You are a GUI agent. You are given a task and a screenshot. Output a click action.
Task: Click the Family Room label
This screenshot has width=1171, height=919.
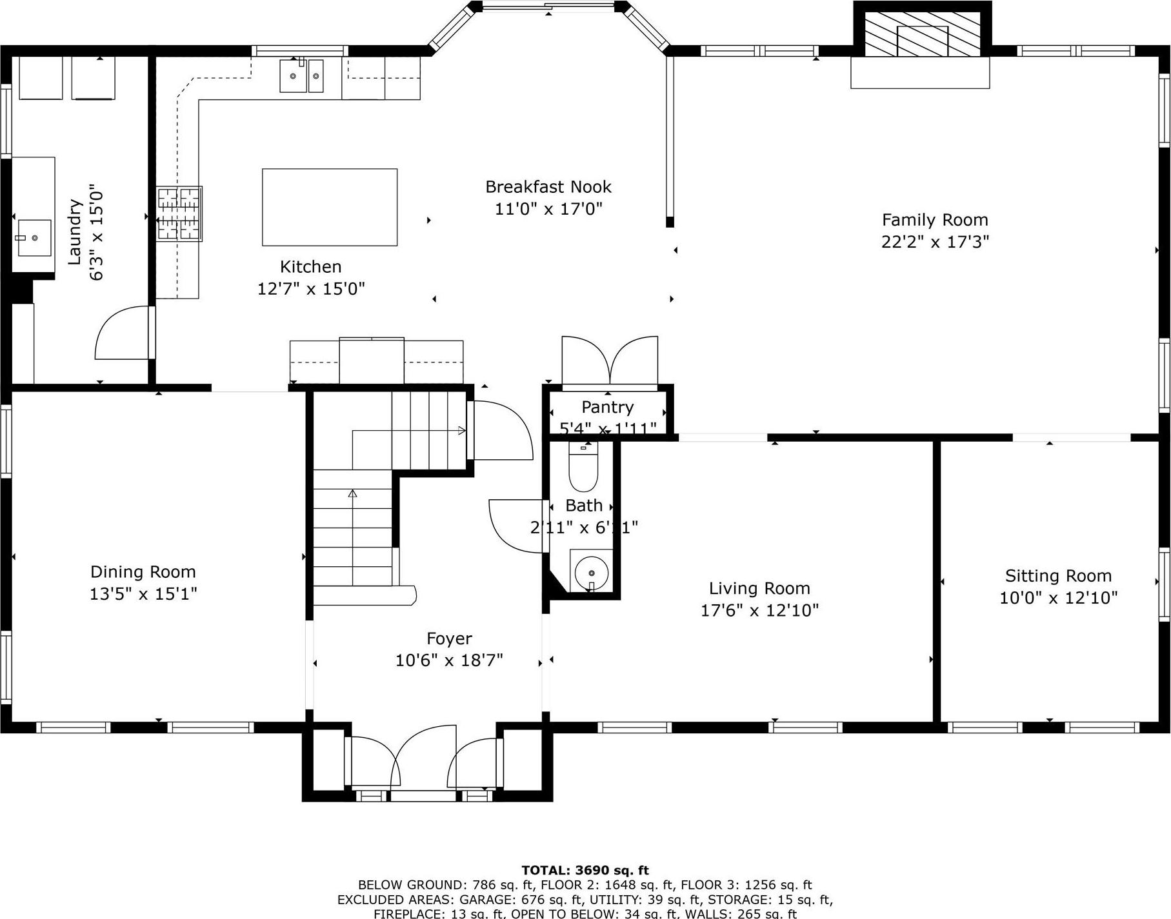pos(934,220)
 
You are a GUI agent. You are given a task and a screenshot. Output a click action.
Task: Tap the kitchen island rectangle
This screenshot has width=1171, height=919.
pos(329,207)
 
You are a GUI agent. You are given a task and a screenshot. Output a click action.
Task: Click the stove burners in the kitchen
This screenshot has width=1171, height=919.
pos(179,213)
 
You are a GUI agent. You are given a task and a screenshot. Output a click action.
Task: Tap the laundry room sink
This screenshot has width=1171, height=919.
pos(34,237)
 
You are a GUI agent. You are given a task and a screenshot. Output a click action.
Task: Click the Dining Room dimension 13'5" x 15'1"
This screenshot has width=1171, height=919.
pos(143,593)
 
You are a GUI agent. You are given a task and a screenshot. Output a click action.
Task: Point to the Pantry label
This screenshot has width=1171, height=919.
pos(607,407)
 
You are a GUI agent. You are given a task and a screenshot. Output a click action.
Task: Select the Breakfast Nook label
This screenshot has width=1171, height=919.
pos(548,187)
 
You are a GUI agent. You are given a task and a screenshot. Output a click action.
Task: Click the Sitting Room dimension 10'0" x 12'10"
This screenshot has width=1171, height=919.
pos(1058,598)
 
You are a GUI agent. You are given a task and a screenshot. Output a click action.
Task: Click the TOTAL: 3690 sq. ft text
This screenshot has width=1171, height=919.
pos(585,871)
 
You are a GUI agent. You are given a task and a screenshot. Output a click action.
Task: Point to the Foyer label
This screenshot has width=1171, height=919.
pos(449,638)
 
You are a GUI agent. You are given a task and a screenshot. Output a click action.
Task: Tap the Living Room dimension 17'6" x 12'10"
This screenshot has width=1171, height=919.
pos(759,610)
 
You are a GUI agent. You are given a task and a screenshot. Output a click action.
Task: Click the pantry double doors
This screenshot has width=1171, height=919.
pos(610,361)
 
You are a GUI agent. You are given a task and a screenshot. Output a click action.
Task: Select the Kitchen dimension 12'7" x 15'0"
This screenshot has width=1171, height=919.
pos(311,288)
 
